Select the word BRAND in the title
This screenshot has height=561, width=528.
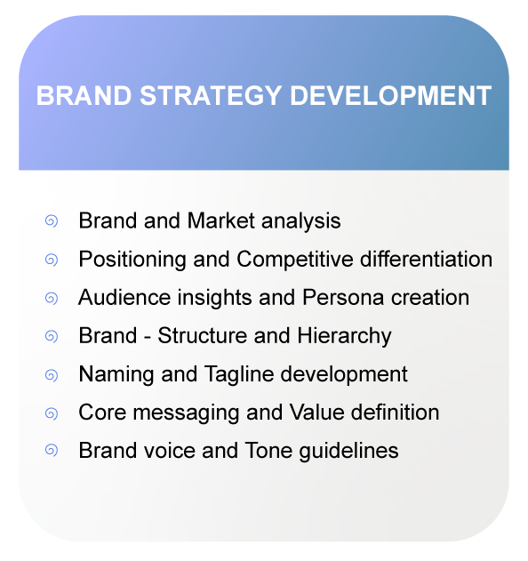click(75, 96)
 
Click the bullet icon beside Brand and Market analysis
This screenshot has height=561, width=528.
click(52, 220)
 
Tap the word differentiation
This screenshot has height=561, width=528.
click(427, 259)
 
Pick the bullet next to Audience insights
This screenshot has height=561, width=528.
click(52, 298)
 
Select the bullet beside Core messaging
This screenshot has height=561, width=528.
click(52, 413)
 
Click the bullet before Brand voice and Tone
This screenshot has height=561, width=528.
click(52, 452)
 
